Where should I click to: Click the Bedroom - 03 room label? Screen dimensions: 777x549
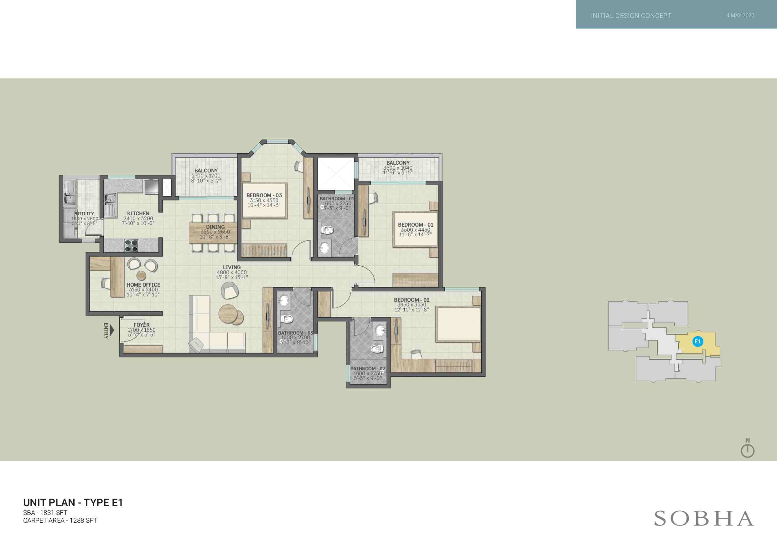tap(264, 195)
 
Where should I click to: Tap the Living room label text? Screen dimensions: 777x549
tap(232, 267)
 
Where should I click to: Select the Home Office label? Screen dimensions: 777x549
tap(143, 285)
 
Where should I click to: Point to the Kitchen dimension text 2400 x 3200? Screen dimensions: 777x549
tap(138, 218)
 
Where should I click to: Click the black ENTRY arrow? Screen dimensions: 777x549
tap(112, 330)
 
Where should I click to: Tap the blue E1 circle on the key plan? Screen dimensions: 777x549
tap(697, 341)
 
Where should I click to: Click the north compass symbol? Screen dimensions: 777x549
tap(748, 448)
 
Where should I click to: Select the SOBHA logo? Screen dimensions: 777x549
tap(704, 519)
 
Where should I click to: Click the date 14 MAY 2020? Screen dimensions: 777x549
tap(739, 15)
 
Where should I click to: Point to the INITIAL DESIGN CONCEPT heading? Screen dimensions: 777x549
tap(631, 16)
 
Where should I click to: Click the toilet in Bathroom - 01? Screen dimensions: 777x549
tap(327, 230)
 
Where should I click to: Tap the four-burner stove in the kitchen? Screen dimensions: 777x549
tap(131, 246)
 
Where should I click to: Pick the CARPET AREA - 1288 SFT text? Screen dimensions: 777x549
tap(60, 521)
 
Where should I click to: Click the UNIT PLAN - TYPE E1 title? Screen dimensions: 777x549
tap(73, 503)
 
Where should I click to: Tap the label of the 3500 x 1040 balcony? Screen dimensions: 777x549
tap(398, 163)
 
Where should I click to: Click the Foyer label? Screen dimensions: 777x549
tap(142, 325)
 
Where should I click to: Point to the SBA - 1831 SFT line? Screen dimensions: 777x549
tap(45, 512)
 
